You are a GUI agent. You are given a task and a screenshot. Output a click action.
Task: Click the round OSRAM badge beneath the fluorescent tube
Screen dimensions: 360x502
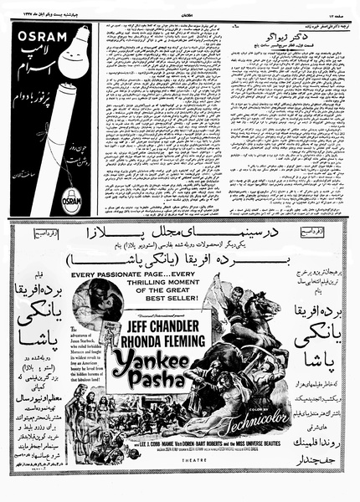tap(72, 202)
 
